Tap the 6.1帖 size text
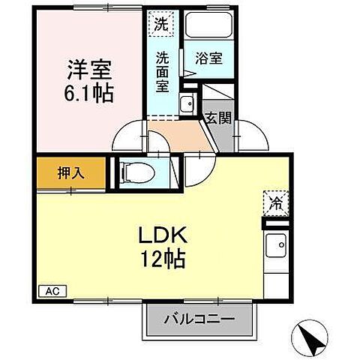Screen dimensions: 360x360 pos(88,94)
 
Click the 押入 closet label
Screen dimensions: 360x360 pos(70,172)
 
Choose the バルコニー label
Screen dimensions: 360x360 pos(199,319)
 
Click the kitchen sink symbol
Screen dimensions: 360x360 pos(276,244)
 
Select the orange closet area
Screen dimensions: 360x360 pos(70,172)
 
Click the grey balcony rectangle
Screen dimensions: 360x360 pos(199,319)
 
